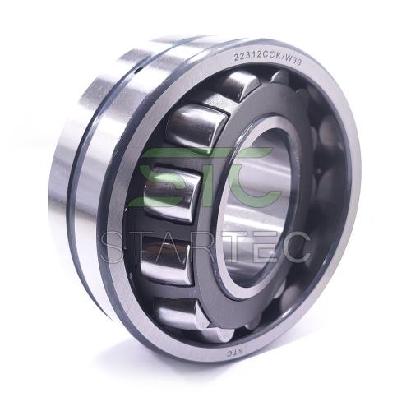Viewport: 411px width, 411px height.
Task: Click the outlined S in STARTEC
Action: tap(117, 247)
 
